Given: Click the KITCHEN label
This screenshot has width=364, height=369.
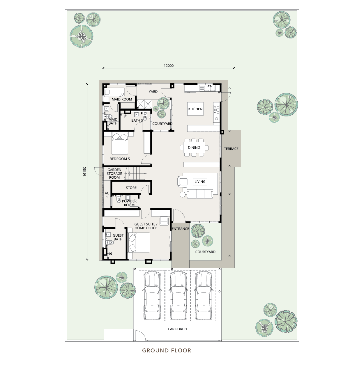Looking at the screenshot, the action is click(195, 109).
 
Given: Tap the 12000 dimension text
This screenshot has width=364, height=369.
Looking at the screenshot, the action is click(169, 66).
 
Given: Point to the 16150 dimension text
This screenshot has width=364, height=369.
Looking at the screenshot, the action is click(85, 172).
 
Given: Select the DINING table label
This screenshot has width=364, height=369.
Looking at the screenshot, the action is click(194, 148).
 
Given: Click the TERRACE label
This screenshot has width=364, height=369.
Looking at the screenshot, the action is click(231, 149).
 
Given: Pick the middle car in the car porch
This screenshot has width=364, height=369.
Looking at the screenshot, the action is click(178, 296).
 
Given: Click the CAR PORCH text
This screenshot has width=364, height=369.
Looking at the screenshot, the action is click(177, 329).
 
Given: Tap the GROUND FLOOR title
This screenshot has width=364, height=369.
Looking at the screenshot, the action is click(167, 351).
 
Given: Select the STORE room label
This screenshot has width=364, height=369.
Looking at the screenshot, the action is click(131, 188).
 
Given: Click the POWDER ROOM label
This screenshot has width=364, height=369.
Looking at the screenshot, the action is click(129, 203).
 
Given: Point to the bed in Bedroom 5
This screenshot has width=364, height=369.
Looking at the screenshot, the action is click(120, 143).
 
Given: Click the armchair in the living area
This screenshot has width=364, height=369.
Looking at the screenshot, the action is click(182, 181).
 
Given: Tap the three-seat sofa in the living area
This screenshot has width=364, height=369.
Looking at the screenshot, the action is click(200, 194).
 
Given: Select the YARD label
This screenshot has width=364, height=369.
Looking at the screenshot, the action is click(153, 92).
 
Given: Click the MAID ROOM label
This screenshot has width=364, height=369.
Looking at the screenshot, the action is click(122, 100).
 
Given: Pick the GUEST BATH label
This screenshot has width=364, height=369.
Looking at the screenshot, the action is click(118, 237).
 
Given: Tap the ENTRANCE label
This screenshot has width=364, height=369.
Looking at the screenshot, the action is click(180, 229).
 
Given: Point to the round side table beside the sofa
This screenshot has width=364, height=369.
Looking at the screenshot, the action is click(183, 195).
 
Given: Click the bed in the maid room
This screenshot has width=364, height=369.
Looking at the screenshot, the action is click(114, 93).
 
